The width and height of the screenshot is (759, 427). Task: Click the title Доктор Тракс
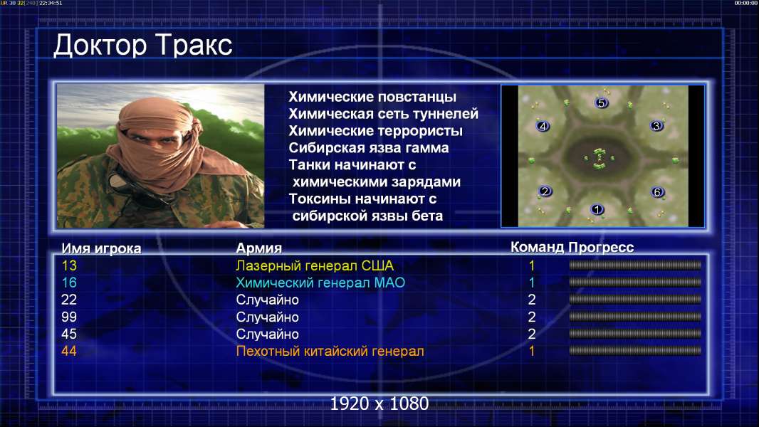[143, 46]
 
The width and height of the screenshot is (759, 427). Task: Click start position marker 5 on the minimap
[601, 102]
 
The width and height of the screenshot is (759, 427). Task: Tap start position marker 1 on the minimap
[597, 209]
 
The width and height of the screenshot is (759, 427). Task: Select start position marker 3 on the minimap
[656, 126]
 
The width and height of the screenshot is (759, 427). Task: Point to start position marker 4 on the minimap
[543, 126]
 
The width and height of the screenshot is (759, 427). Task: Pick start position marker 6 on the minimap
[657, 192]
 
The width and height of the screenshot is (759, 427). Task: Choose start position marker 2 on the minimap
[545, 191]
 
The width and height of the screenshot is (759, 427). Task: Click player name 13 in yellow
[69, 265]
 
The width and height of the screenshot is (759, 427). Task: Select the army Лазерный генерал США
[315, 265]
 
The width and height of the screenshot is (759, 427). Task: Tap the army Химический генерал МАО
[320, 283]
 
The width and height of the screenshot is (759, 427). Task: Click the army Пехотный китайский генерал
[330, 351]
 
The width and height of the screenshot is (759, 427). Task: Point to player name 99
[69, 317]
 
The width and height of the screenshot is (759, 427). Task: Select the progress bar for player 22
[635, 300]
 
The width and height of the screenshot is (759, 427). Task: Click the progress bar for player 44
[635, 351]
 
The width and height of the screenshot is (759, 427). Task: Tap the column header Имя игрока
[101, 248]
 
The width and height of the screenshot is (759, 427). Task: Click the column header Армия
[259, 248]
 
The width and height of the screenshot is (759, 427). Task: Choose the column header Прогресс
[601, 247]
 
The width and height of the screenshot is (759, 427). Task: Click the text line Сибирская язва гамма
[369, 147]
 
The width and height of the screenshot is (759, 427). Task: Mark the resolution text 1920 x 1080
[379, 404]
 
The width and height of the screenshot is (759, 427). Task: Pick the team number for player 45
[531, 334]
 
